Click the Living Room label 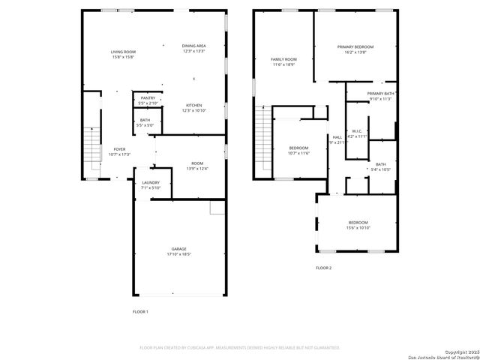123,54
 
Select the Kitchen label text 193,107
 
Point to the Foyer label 120,151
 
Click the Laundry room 151,185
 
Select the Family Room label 283,61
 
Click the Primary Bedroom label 355,49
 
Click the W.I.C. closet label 357,133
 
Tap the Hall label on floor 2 337,139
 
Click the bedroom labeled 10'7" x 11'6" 298,150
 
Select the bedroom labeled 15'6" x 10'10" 358,224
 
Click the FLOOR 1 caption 140,311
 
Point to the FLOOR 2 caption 323,268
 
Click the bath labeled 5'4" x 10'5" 381,166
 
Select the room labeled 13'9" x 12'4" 196,166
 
